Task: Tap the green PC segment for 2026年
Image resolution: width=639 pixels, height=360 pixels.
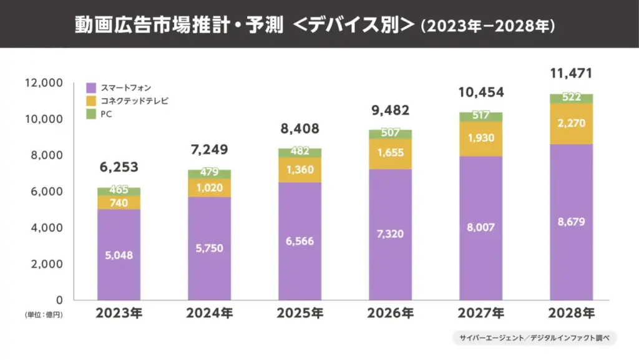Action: pos(390,134)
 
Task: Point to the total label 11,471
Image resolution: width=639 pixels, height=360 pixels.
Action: pos(571,74)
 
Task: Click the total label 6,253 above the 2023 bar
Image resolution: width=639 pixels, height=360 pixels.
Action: pos(118,167)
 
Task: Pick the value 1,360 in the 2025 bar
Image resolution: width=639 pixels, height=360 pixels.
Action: pos(300,170)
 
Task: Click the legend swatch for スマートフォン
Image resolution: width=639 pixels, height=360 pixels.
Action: pos(91,87)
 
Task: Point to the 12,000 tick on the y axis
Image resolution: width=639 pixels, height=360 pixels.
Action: pos(43,82)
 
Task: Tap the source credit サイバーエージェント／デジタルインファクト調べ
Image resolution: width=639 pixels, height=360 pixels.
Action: pos(534,338)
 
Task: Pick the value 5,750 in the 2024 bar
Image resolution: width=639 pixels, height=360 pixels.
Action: pos(209,248)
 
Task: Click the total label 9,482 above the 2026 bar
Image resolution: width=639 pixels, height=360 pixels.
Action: pos(390,110)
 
